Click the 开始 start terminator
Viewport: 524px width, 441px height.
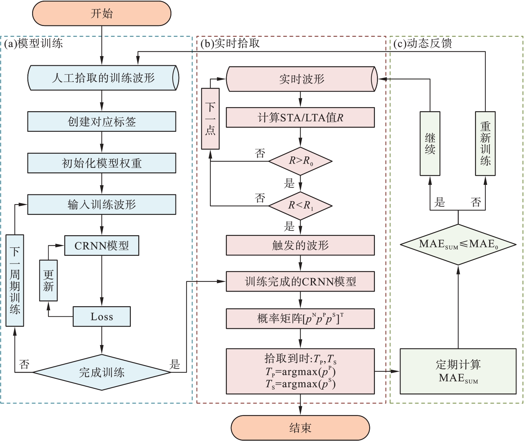101,14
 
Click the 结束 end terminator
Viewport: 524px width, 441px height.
300,428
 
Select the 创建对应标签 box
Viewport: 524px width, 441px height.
101,122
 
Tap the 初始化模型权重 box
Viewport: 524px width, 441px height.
101,163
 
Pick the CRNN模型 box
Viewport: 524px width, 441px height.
101,246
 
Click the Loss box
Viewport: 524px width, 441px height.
101,317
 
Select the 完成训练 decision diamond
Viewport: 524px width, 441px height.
101,372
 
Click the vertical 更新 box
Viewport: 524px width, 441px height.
48,280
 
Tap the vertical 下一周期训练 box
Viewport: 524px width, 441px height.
15,280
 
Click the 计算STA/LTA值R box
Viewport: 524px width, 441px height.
300,118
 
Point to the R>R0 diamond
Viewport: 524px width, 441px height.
300,161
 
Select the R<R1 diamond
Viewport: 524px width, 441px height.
300,205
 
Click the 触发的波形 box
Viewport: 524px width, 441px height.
300,245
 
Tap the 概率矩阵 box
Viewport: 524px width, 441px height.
300,319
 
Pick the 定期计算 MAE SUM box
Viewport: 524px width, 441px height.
458,371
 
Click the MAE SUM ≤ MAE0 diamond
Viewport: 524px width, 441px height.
458,244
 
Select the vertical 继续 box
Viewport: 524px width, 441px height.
430,144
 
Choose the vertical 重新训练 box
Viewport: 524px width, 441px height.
485,144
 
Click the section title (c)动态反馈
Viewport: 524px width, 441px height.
423,44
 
